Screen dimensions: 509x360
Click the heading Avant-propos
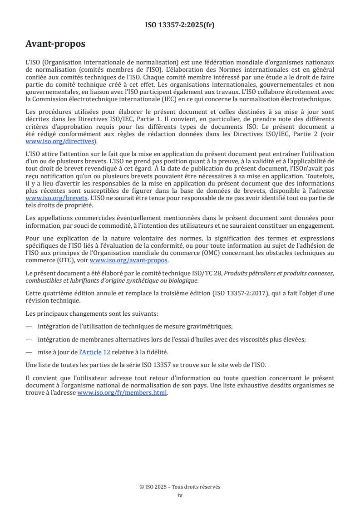[x=55, y=44]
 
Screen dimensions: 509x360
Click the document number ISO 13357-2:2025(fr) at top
[x=180, y=25]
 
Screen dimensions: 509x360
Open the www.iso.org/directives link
[x=60, y=141]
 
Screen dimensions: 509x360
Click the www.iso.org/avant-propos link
[x=129, y=260]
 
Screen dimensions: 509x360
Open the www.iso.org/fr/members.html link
[x=122, y=393]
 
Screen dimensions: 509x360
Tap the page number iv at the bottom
[x=180, y=495]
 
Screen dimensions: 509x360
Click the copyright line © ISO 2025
[x=180, y=487]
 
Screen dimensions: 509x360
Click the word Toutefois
[x=317, y=176]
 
